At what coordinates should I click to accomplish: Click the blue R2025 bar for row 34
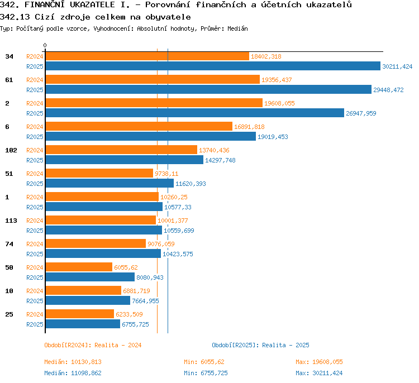pos(213,66)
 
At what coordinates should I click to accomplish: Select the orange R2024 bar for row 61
pos(153,79)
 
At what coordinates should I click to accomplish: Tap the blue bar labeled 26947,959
pos(195,113)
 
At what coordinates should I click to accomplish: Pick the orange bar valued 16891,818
pos(139,126)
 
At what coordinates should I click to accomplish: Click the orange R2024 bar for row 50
pos(79,267)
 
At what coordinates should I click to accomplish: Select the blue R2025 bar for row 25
pos(83,324)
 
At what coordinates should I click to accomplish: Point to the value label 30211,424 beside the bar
pos(397,66)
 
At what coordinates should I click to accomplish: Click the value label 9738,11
pos(166,174)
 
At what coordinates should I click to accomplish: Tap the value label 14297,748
pos(220,161)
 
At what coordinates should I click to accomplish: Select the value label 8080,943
pos(150,278)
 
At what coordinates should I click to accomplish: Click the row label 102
pos(11,150)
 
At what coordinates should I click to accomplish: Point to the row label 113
pos(11,221)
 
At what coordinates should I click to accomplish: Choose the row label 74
pos(9,244)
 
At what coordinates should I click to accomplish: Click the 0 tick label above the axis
pos(45,45)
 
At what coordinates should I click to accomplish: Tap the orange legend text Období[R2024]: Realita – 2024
pos(93,345)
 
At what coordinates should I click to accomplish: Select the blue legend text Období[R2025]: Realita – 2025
pos(260,345)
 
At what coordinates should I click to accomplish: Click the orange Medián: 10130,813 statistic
pos(73,362)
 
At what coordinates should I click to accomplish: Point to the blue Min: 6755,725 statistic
pos(206,373)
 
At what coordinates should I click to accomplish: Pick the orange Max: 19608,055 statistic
pos(319,362)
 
